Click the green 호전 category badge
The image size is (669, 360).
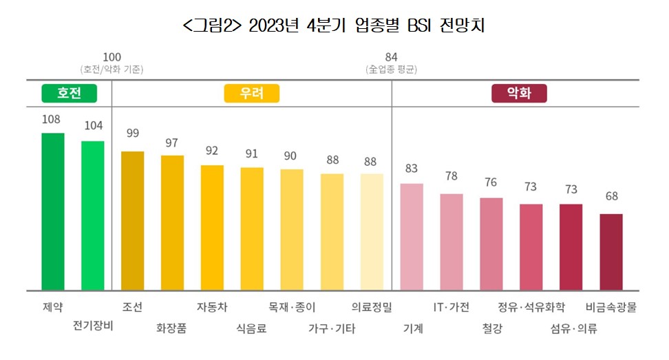70,94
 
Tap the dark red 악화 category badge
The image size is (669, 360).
519,94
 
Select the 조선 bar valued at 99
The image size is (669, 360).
133,220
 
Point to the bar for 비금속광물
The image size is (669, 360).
611,252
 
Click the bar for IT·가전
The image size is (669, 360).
452,242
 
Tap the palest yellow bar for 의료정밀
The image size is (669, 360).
372,231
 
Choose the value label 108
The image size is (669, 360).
52,118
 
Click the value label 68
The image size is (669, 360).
611,196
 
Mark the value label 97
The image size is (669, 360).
172,143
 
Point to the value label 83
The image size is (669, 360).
412,167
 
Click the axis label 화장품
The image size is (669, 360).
171,328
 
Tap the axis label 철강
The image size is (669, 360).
492,328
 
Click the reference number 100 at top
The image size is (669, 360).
111,56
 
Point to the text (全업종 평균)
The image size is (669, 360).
391,69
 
